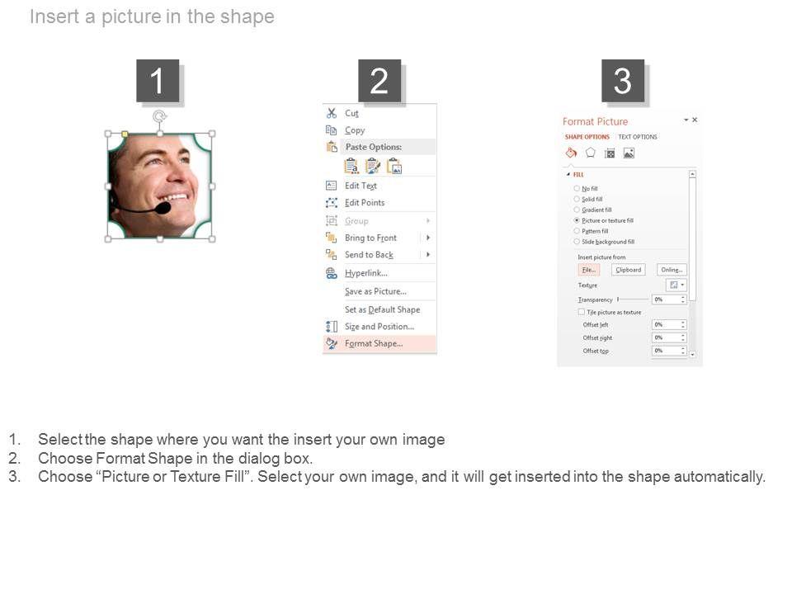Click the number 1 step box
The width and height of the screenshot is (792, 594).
coord(158,81)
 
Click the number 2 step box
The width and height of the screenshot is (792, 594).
coord(379,81)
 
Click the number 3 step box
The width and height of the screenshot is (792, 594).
coord(623,81)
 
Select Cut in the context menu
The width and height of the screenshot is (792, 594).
coord(351,114)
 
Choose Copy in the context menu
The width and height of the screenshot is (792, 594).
coord(355,130)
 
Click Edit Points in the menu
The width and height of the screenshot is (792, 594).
coord(365,203)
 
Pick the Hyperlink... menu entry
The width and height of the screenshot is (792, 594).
coord(366,273)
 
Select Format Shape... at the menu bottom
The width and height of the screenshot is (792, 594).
coord(374,344)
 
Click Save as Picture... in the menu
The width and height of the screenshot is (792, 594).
coord(375,291)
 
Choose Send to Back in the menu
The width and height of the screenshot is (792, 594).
coord(369,255)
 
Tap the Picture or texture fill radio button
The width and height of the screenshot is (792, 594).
coord(577,221)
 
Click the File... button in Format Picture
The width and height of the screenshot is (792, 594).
coord(588,270)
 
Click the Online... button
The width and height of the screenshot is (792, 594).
coord(672,270)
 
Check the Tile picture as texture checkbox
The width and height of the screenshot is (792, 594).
coord(582,313)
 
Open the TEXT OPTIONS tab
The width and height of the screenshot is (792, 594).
coord(638,137)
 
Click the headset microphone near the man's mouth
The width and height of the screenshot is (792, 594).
coord(163,209)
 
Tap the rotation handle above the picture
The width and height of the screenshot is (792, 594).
coord(160,116)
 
